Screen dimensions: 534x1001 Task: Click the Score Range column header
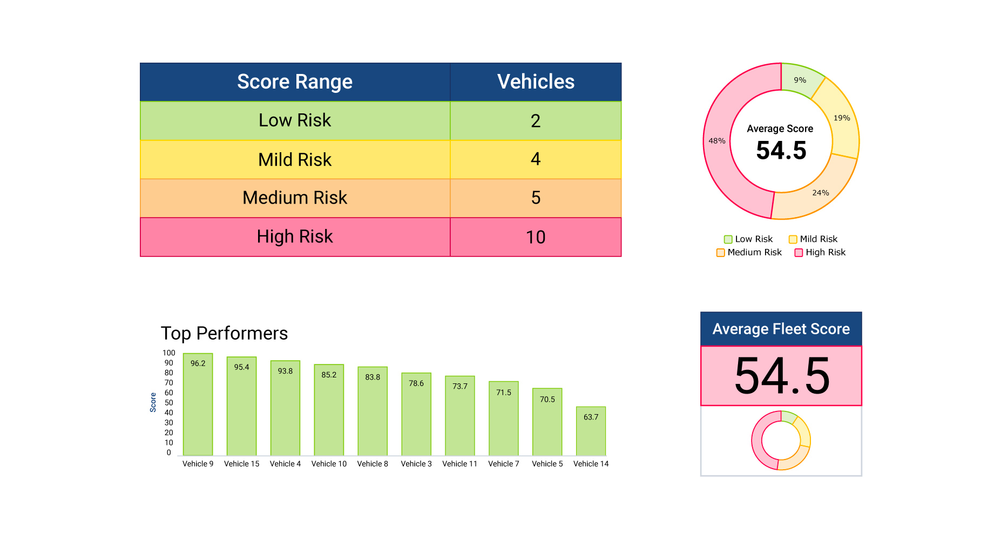(295, 82)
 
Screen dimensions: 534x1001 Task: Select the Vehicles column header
(536, 82)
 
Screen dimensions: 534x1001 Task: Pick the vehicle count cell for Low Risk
(536, 121)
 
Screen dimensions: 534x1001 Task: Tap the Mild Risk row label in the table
(295, 160)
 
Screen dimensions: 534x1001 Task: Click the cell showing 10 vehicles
(536, 237)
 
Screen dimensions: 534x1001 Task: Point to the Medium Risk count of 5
(536, 198)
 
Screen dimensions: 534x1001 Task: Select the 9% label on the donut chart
(800, 80)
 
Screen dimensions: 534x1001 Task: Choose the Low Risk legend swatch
(728, 239)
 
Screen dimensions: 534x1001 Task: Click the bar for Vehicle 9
(198, 405)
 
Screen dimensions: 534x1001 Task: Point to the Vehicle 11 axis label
(459, 464)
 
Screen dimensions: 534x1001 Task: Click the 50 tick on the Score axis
(169, 403)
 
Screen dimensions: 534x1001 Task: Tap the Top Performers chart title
(224, 333)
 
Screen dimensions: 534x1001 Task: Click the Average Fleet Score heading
(781, 329)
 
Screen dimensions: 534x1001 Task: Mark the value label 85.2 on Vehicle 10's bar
(329, 375)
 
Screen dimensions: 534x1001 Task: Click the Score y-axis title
(153, 403)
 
